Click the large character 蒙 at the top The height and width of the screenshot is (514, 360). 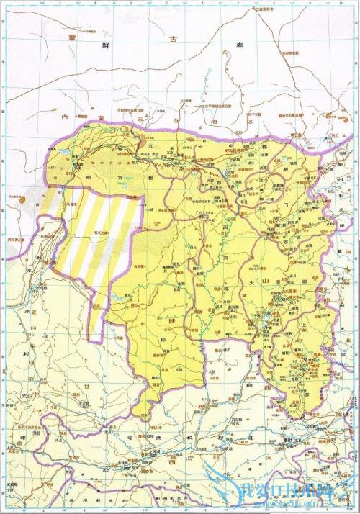click(71, 37)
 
